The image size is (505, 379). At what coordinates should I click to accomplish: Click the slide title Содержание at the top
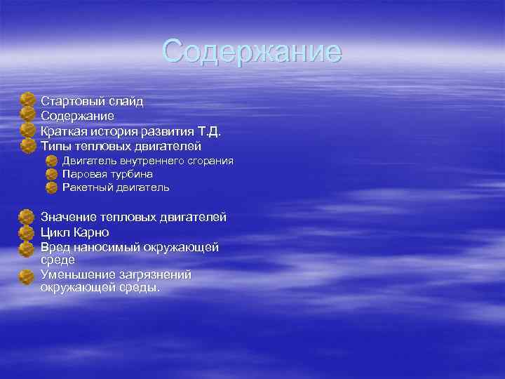252,52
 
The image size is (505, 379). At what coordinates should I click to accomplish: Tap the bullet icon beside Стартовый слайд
27,100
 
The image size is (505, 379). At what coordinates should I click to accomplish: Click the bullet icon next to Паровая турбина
51,174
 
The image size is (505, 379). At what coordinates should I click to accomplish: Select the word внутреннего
144,161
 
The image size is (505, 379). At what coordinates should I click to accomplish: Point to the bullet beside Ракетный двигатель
51,187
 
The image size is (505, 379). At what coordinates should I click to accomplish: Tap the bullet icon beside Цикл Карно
27,232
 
